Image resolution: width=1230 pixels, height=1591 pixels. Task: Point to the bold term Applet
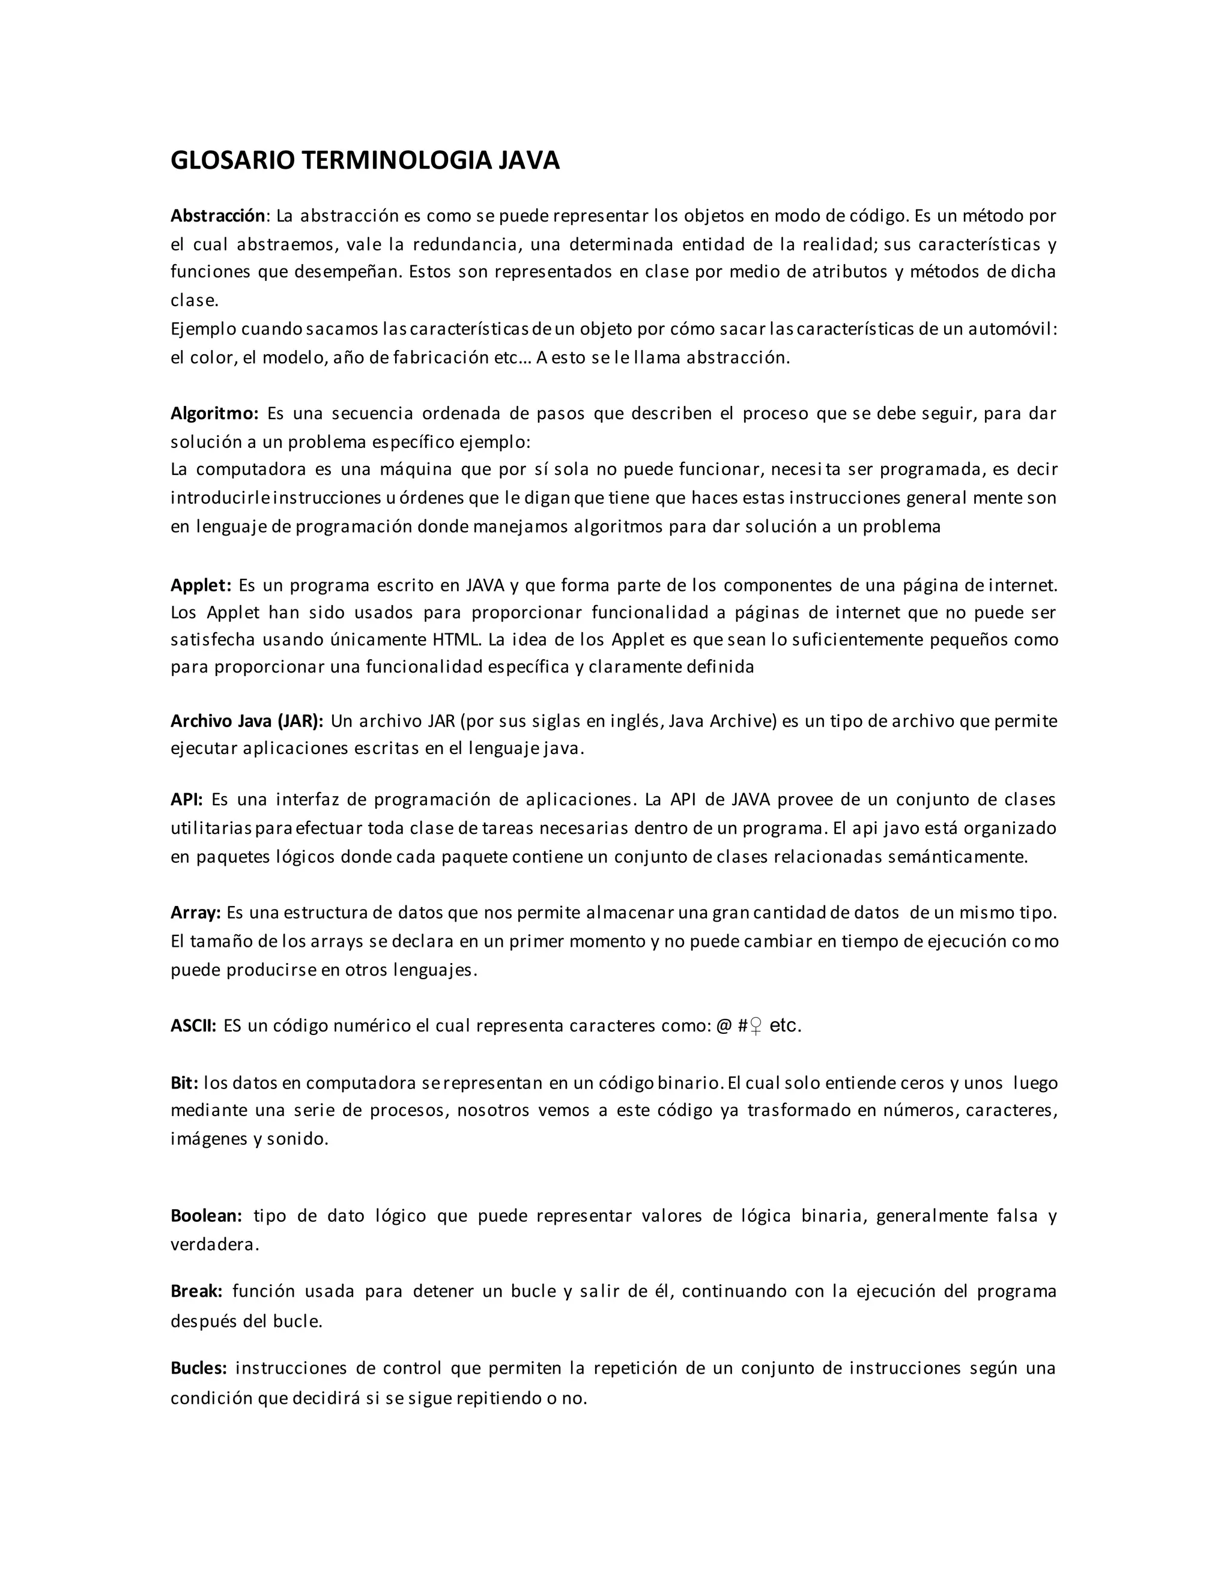click(201, 585)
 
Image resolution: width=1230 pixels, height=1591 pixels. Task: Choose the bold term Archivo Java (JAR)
click(246, 721)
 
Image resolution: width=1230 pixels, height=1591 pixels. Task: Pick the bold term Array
click(195, 913)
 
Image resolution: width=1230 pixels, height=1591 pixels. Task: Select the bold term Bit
click(184, 1082)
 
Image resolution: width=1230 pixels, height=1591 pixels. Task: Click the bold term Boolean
click(205, 1216)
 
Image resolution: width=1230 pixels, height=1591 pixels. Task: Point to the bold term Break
click(196, 1291)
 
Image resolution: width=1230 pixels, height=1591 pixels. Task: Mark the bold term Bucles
click(198, 1368)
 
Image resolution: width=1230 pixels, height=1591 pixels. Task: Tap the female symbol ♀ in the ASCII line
click(756, 1027)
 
